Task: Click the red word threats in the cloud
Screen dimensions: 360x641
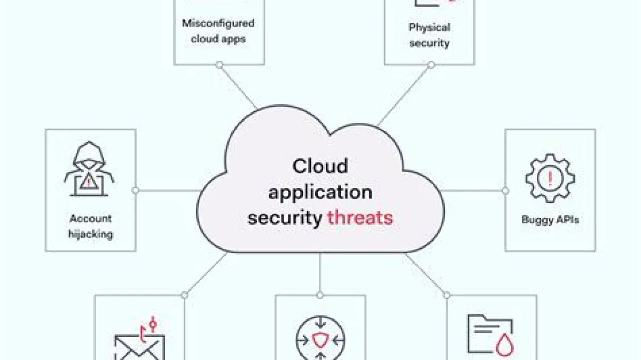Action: click(x=360, y=217)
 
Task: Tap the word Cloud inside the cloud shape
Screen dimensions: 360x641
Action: click(x=320, y=166)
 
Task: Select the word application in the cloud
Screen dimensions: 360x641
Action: click(x=320, y=192)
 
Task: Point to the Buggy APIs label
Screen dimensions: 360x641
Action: click(x=550, y=219)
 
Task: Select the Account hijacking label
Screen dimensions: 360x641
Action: click(x=90, y=226)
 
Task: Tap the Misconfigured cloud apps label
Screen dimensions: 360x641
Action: click(x=218, y=31)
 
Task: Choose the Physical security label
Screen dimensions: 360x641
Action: click(x=429, y=35)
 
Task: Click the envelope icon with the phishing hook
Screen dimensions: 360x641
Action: click(x=140, y=345)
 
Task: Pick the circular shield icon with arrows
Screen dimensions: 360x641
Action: click(x=320, y=340)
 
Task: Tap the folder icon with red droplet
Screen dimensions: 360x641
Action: click(x=490, y=335)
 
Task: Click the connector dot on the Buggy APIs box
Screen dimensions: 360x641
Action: click(x=505, y=190)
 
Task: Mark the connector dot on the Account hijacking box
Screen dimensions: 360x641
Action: click(x=136, y=190)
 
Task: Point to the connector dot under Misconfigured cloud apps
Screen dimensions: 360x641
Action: click(x=219, y=65)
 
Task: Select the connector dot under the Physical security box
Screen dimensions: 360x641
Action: click(x=431, y=65)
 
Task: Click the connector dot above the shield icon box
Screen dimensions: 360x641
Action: click(x=320, y=295)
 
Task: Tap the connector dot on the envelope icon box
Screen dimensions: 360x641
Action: click(x=185, y=295)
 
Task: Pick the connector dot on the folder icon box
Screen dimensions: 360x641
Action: click(x=447, y=295)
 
